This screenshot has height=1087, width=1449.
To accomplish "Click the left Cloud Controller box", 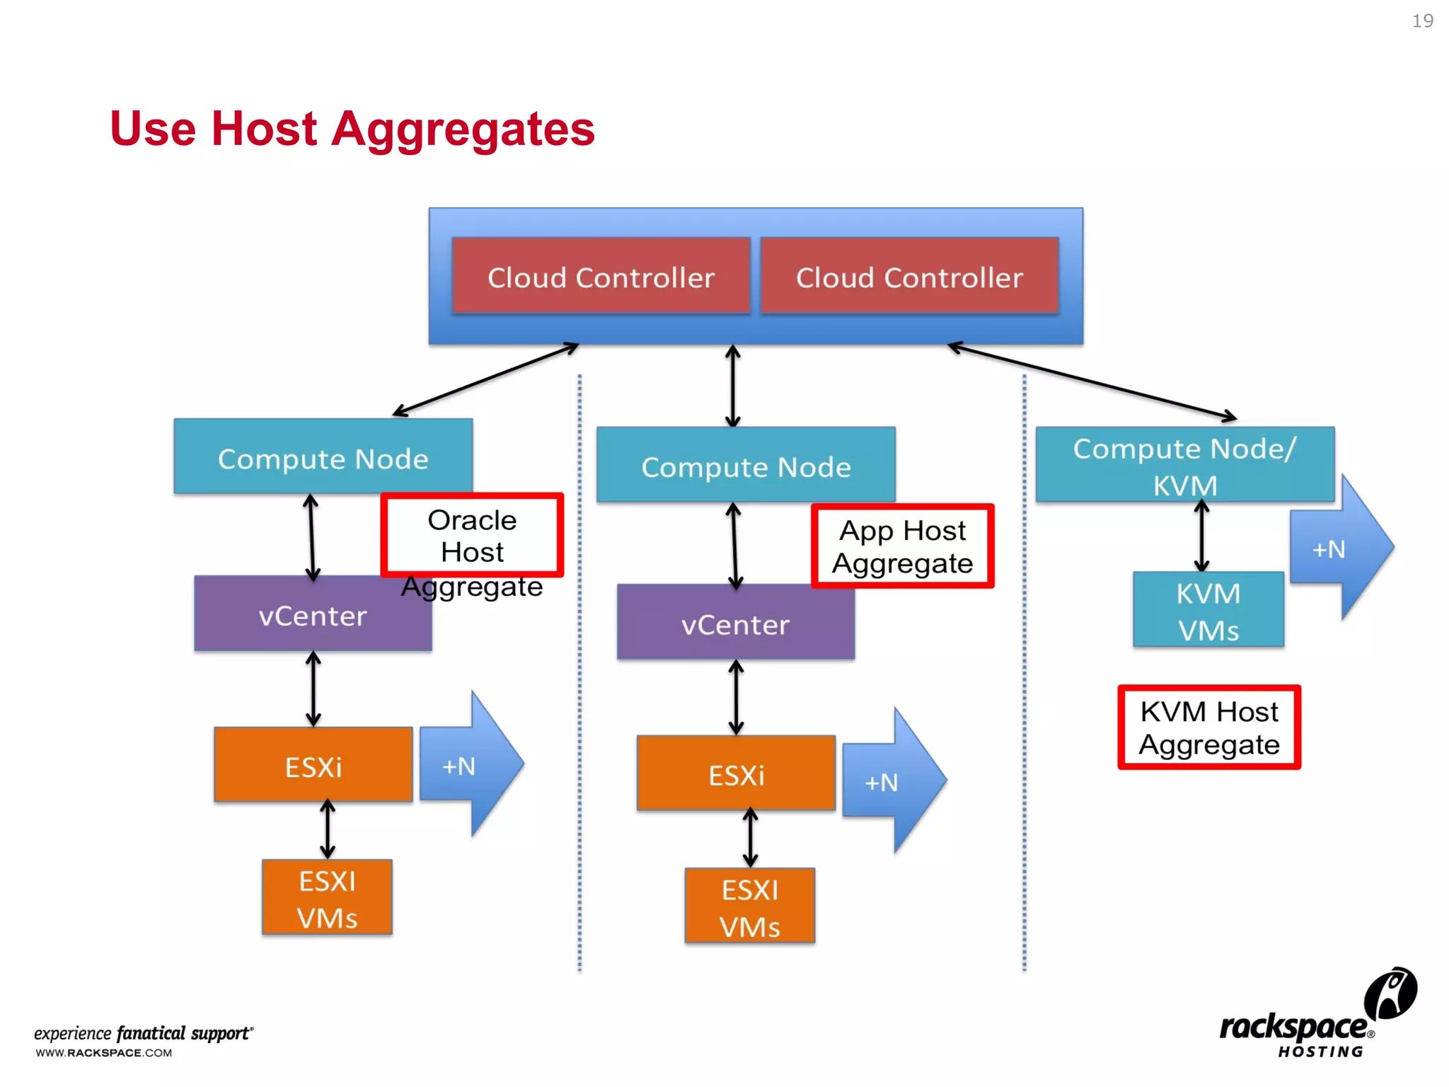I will tap(601, 276).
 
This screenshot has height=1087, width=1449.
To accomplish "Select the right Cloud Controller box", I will tap(909, 276).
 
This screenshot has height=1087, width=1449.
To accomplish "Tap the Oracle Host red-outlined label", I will tap(472, 536).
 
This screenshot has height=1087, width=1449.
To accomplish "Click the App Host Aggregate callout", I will tap(902, 546).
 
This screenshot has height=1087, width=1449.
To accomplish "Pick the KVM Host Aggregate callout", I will tap(1208, 727).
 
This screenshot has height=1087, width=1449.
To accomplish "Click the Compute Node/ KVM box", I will tap(1184, 465).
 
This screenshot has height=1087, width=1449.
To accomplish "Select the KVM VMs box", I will tap(1208, 610).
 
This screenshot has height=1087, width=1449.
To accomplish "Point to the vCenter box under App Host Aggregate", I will tap(735, 623).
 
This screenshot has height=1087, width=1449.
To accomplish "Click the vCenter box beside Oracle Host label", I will tap(312, 614).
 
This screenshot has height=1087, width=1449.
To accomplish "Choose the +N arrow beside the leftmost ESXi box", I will tap(466, 765).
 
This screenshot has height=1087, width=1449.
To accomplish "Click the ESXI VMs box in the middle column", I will tap(749, 906).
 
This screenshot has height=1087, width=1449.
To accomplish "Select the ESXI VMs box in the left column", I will tap(327, 897).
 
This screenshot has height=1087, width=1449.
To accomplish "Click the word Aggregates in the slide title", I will tap(463, 129).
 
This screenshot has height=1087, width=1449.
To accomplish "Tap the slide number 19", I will tap(1422, 21).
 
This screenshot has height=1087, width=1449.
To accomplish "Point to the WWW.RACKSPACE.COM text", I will tap(104, 1052).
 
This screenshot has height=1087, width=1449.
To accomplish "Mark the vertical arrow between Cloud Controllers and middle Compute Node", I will tap(733, 386).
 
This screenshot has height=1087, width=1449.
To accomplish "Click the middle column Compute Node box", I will tap(746, 465).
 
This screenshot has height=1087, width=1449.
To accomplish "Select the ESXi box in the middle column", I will tap(736, 773).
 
